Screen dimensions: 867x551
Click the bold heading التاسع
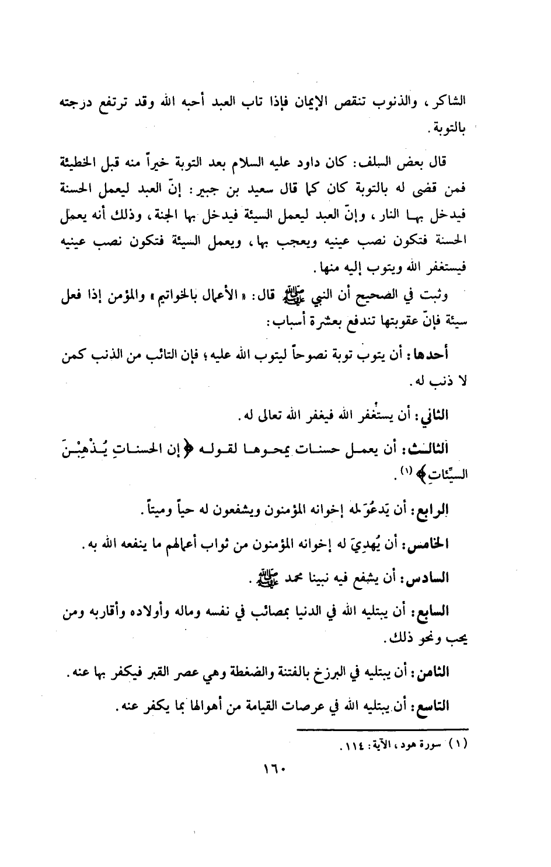pos(453,705)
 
